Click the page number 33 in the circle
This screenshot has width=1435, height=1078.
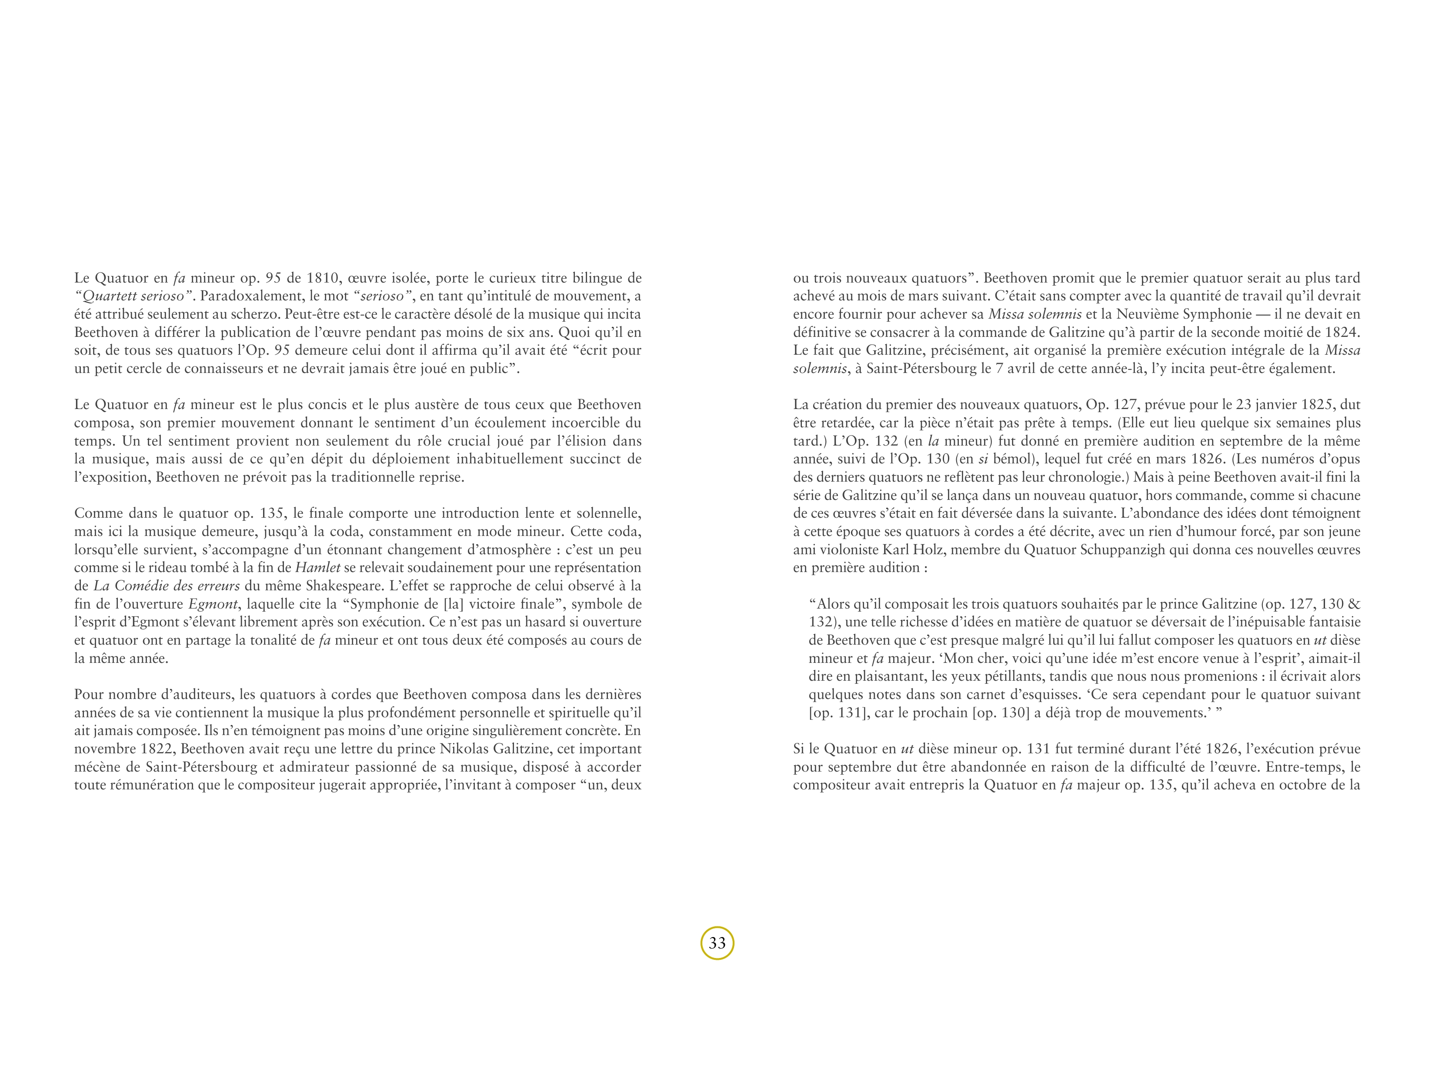coord(717,943)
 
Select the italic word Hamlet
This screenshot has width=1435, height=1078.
coord(318,568)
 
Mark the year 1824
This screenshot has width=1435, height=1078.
coord(1342,333)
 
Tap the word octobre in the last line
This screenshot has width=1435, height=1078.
coord(1284,785)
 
